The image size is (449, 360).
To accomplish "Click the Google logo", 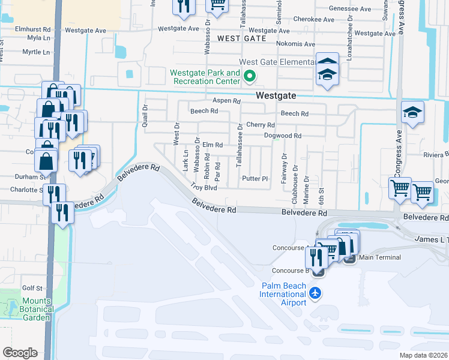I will click(x=20, y=352).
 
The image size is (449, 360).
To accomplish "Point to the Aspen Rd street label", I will click(x=226, y=101).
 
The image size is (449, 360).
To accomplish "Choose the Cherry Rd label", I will click(x=261, y=125).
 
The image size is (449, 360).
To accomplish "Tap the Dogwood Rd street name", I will click(x=283, y=136).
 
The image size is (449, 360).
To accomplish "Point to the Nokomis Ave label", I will click(x=295, y=44).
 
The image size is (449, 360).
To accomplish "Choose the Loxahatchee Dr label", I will click(x=349, y=39).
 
